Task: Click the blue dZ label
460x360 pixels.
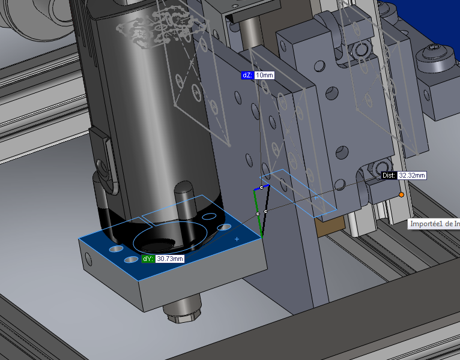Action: click(247, 76)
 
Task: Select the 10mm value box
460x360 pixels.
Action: click(264, 76)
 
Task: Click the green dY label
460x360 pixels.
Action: click(148, 259)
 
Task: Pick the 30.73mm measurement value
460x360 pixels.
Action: click(170, 259)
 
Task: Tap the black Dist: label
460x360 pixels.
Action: click(389, 175)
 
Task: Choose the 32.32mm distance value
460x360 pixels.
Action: click(412, 175)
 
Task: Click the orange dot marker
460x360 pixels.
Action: click(401, 194)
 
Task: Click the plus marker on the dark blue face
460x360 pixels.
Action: click(237, 239)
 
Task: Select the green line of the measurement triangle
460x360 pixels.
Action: click(258, 213)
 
